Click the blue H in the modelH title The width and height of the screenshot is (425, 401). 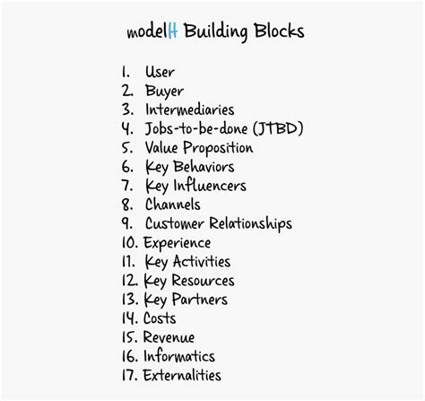173,31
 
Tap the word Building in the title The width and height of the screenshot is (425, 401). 216,31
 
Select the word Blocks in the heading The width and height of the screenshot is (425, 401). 279,31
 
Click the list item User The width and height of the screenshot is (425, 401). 160,72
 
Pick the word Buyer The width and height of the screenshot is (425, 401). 164,92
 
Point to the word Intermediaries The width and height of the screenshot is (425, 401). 190,109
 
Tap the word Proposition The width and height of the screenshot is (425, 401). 218,148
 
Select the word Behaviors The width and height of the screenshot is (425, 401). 204,167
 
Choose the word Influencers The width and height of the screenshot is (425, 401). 210,186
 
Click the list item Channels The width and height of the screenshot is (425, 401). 173,205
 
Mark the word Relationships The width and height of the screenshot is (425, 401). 250,224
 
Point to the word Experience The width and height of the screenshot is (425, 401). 177,243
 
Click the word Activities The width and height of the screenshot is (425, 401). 202,261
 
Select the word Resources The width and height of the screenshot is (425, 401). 203,281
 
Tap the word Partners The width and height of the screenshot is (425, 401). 200,300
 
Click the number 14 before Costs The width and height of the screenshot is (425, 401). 130,318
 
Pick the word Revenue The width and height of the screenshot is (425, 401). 169,337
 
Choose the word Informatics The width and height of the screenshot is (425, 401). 179,356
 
